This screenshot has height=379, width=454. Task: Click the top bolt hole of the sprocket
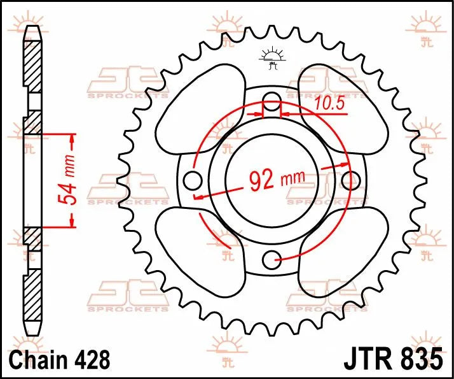click(272, 99)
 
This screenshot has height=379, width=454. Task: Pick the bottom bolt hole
click(273, 257)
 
